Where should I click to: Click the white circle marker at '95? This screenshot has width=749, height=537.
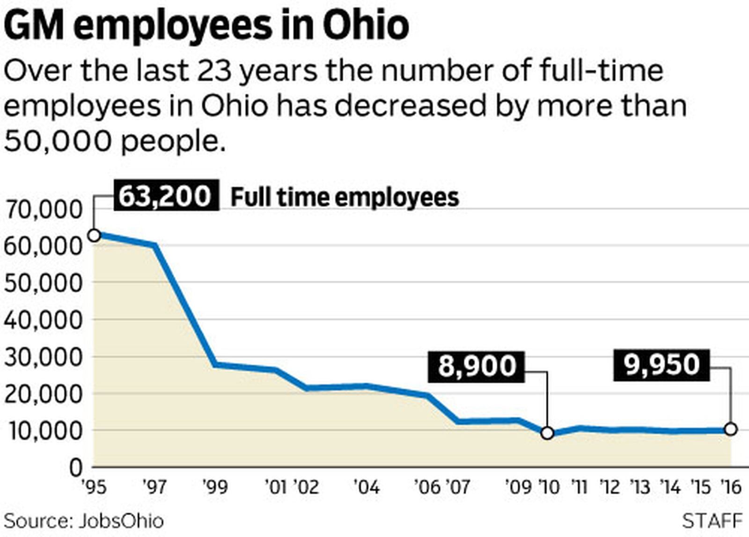tap(94, 235)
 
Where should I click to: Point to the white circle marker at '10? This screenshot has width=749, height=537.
tap(547, 433)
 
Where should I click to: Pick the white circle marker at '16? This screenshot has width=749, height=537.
tap(730, 429)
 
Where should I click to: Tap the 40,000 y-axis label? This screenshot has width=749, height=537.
tap(43, 320)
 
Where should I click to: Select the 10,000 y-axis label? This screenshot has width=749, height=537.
tap(43, 431)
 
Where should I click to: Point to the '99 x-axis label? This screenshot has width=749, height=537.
tap(215, 487)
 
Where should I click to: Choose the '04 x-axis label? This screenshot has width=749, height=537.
tap(367, 487)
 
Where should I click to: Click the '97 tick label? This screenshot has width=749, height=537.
tap(154, 487)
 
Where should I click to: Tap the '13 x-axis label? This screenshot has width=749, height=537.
tap(639, 487)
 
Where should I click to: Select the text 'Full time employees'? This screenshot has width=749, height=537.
tap(345, 197)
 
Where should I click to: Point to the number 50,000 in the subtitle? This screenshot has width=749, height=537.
tap(58, 140)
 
